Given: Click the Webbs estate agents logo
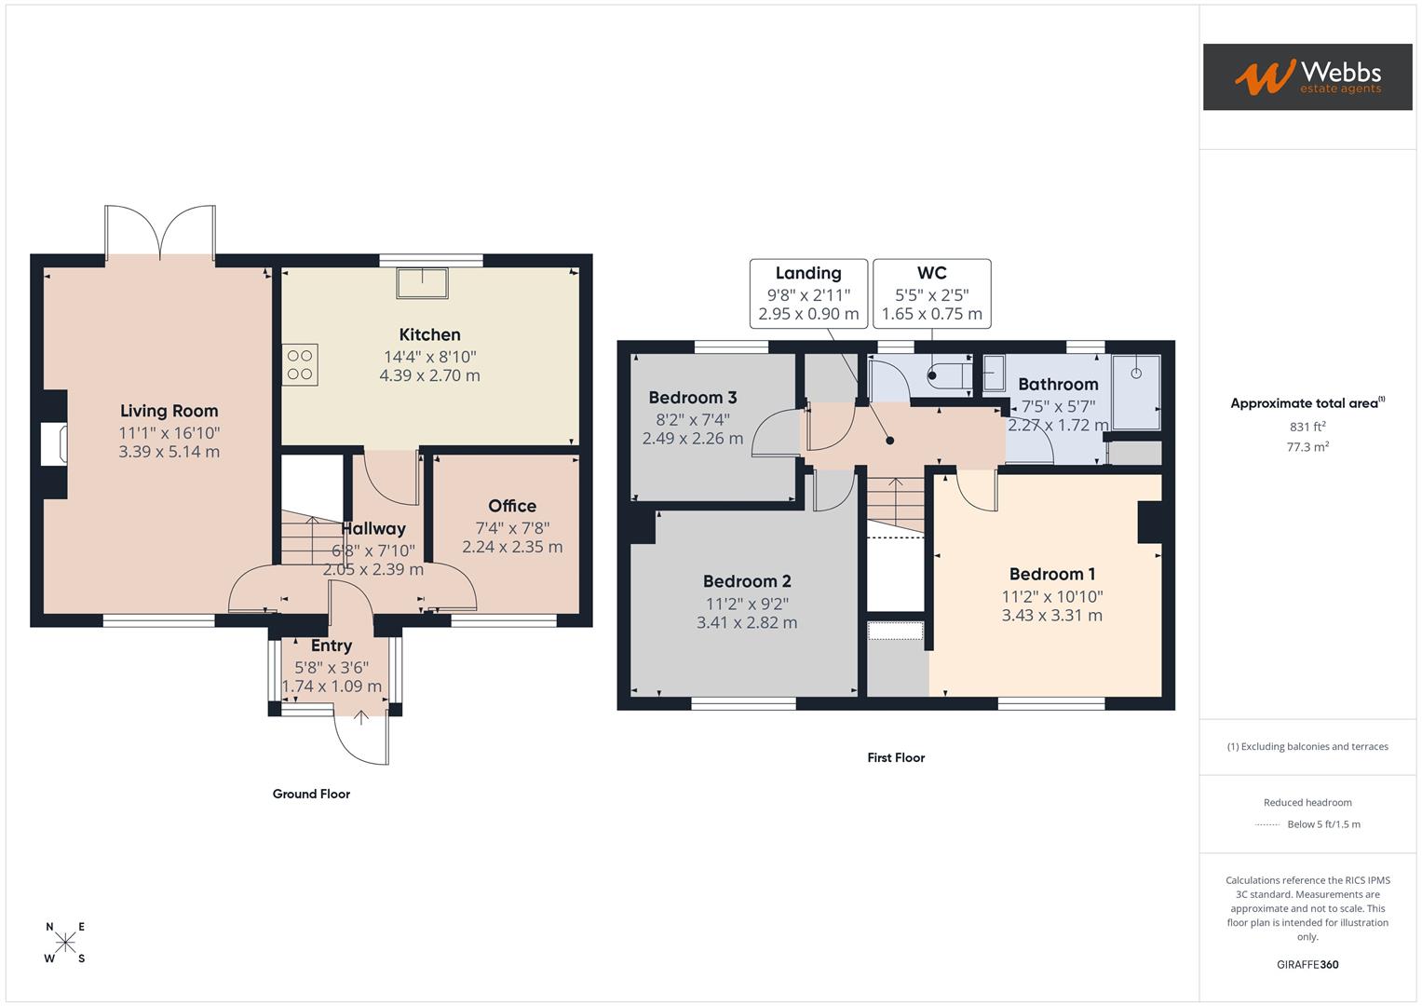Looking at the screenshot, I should click(1307, 76).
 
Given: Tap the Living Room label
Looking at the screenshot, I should click(169, 411).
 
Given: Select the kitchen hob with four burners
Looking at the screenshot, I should click(300, 364).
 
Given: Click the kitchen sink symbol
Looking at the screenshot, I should click(422, 282).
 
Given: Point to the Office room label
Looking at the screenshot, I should click(512, 506).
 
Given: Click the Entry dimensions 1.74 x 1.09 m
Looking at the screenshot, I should click(332, 687).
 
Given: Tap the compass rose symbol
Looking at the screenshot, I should click(65, 943).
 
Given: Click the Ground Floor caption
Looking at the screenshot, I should click(311, 794).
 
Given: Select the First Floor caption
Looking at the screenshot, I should click(896, 757).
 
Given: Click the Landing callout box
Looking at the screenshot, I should click(808, 293).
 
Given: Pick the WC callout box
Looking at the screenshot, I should click(931, 293).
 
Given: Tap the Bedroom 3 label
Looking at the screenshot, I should click(693, 398).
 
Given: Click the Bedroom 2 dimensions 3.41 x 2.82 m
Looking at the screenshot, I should click(747, 622).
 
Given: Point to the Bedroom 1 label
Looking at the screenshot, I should click(1052, 574).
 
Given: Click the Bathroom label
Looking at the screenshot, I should click(1058, 384).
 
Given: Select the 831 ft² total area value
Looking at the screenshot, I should click(1307, 427).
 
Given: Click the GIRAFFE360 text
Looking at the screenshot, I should click(1307, 964).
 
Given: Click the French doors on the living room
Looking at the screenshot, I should click(161, 232).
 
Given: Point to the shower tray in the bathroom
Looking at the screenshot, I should click(1136, 391).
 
